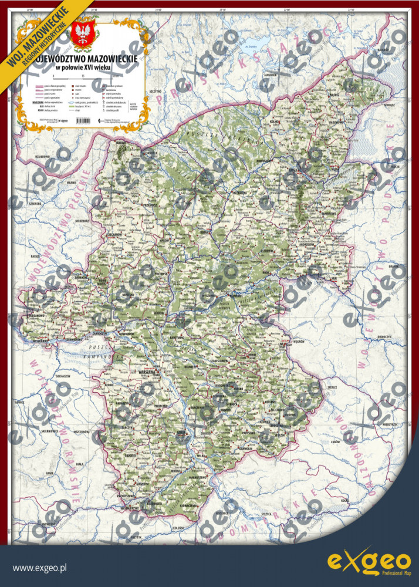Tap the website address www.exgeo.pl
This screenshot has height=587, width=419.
click(x=40, y=568)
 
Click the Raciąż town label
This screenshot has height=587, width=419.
click(x=33, y=257)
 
